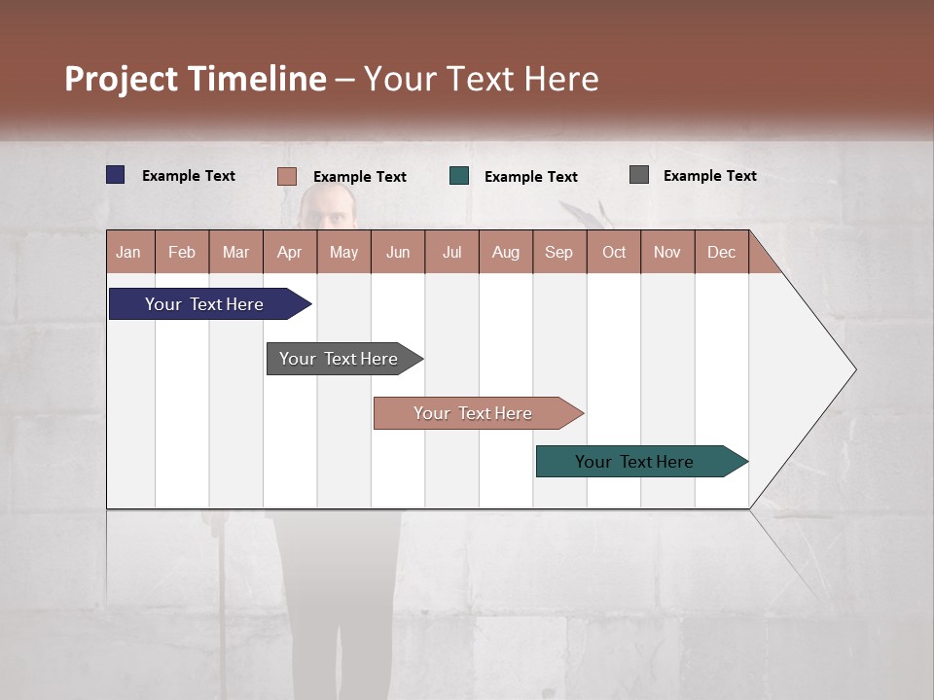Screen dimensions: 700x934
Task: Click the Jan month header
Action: [129, 252]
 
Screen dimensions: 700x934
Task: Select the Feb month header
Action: [182, 252]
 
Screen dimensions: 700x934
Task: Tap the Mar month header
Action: [235, 252]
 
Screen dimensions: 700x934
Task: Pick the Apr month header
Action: [290, 252]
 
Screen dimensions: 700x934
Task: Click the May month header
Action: [343, 252]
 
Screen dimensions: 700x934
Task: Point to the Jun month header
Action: [398, 252]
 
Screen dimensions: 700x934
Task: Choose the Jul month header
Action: [451, 252]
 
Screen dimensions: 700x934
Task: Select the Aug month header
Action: [506, 252]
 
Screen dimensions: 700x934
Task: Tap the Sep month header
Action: [559, 252]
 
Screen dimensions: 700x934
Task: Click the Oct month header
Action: [614, 252]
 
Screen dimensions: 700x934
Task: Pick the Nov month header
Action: [667, 252]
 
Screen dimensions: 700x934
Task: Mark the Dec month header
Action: [722, 252]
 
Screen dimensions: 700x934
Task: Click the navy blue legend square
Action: [116, 175]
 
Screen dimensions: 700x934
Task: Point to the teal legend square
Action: [459, 176]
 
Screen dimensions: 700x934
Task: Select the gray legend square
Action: [639, 175]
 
